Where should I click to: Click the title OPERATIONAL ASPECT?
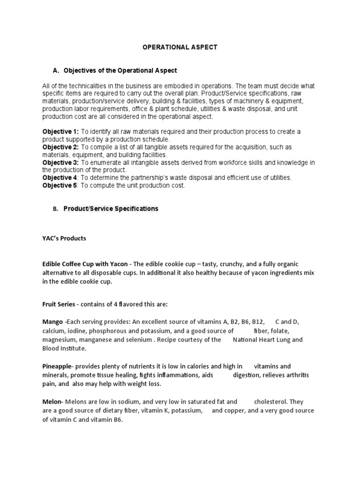[180, 47]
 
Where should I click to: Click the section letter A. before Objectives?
[56, 70]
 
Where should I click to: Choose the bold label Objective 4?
[60, 178]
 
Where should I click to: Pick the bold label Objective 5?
[60, 186]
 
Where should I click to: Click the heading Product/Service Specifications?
[111, 209]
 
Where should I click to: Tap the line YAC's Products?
[64, 238]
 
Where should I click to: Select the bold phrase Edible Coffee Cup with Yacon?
[84, 264]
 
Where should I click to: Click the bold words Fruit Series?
[59, 304]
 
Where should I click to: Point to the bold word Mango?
[52, 322]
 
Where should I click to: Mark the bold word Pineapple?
[58, 366]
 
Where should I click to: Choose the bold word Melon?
[52, 402]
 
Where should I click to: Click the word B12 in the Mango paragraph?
[257, 322]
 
